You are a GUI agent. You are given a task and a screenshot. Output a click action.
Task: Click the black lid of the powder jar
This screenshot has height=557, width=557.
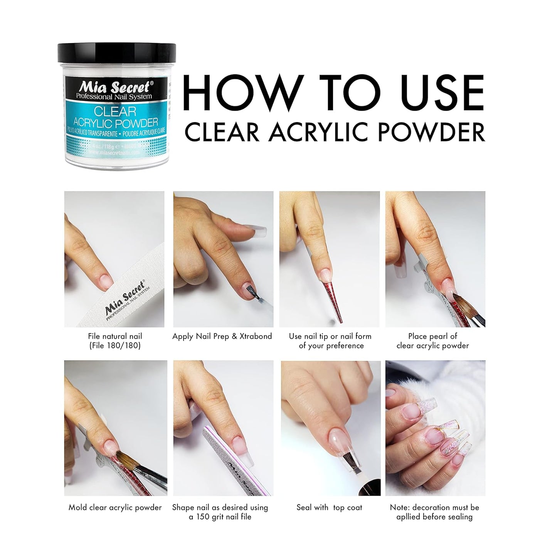[x=117, y=54]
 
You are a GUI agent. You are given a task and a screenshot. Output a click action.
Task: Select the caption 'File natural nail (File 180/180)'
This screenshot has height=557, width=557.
[x=115, y=341]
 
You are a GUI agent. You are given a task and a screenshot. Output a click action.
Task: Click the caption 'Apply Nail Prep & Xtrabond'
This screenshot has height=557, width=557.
[x=222, y=337]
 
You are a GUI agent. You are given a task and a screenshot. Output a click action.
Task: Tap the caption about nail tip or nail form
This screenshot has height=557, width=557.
[x=330, y=341]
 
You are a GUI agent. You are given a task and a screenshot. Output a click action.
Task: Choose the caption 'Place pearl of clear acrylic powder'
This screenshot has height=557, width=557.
[x=432, y=341]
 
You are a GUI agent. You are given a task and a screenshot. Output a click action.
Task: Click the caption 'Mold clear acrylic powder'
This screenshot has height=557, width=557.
[x=115, y=507]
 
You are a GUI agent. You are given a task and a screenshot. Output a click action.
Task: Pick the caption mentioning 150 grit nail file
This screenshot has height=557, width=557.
[x=220, y=512]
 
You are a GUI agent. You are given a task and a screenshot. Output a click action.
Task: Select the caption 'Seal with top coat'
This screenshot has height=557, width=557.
[x=329, y=507]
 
